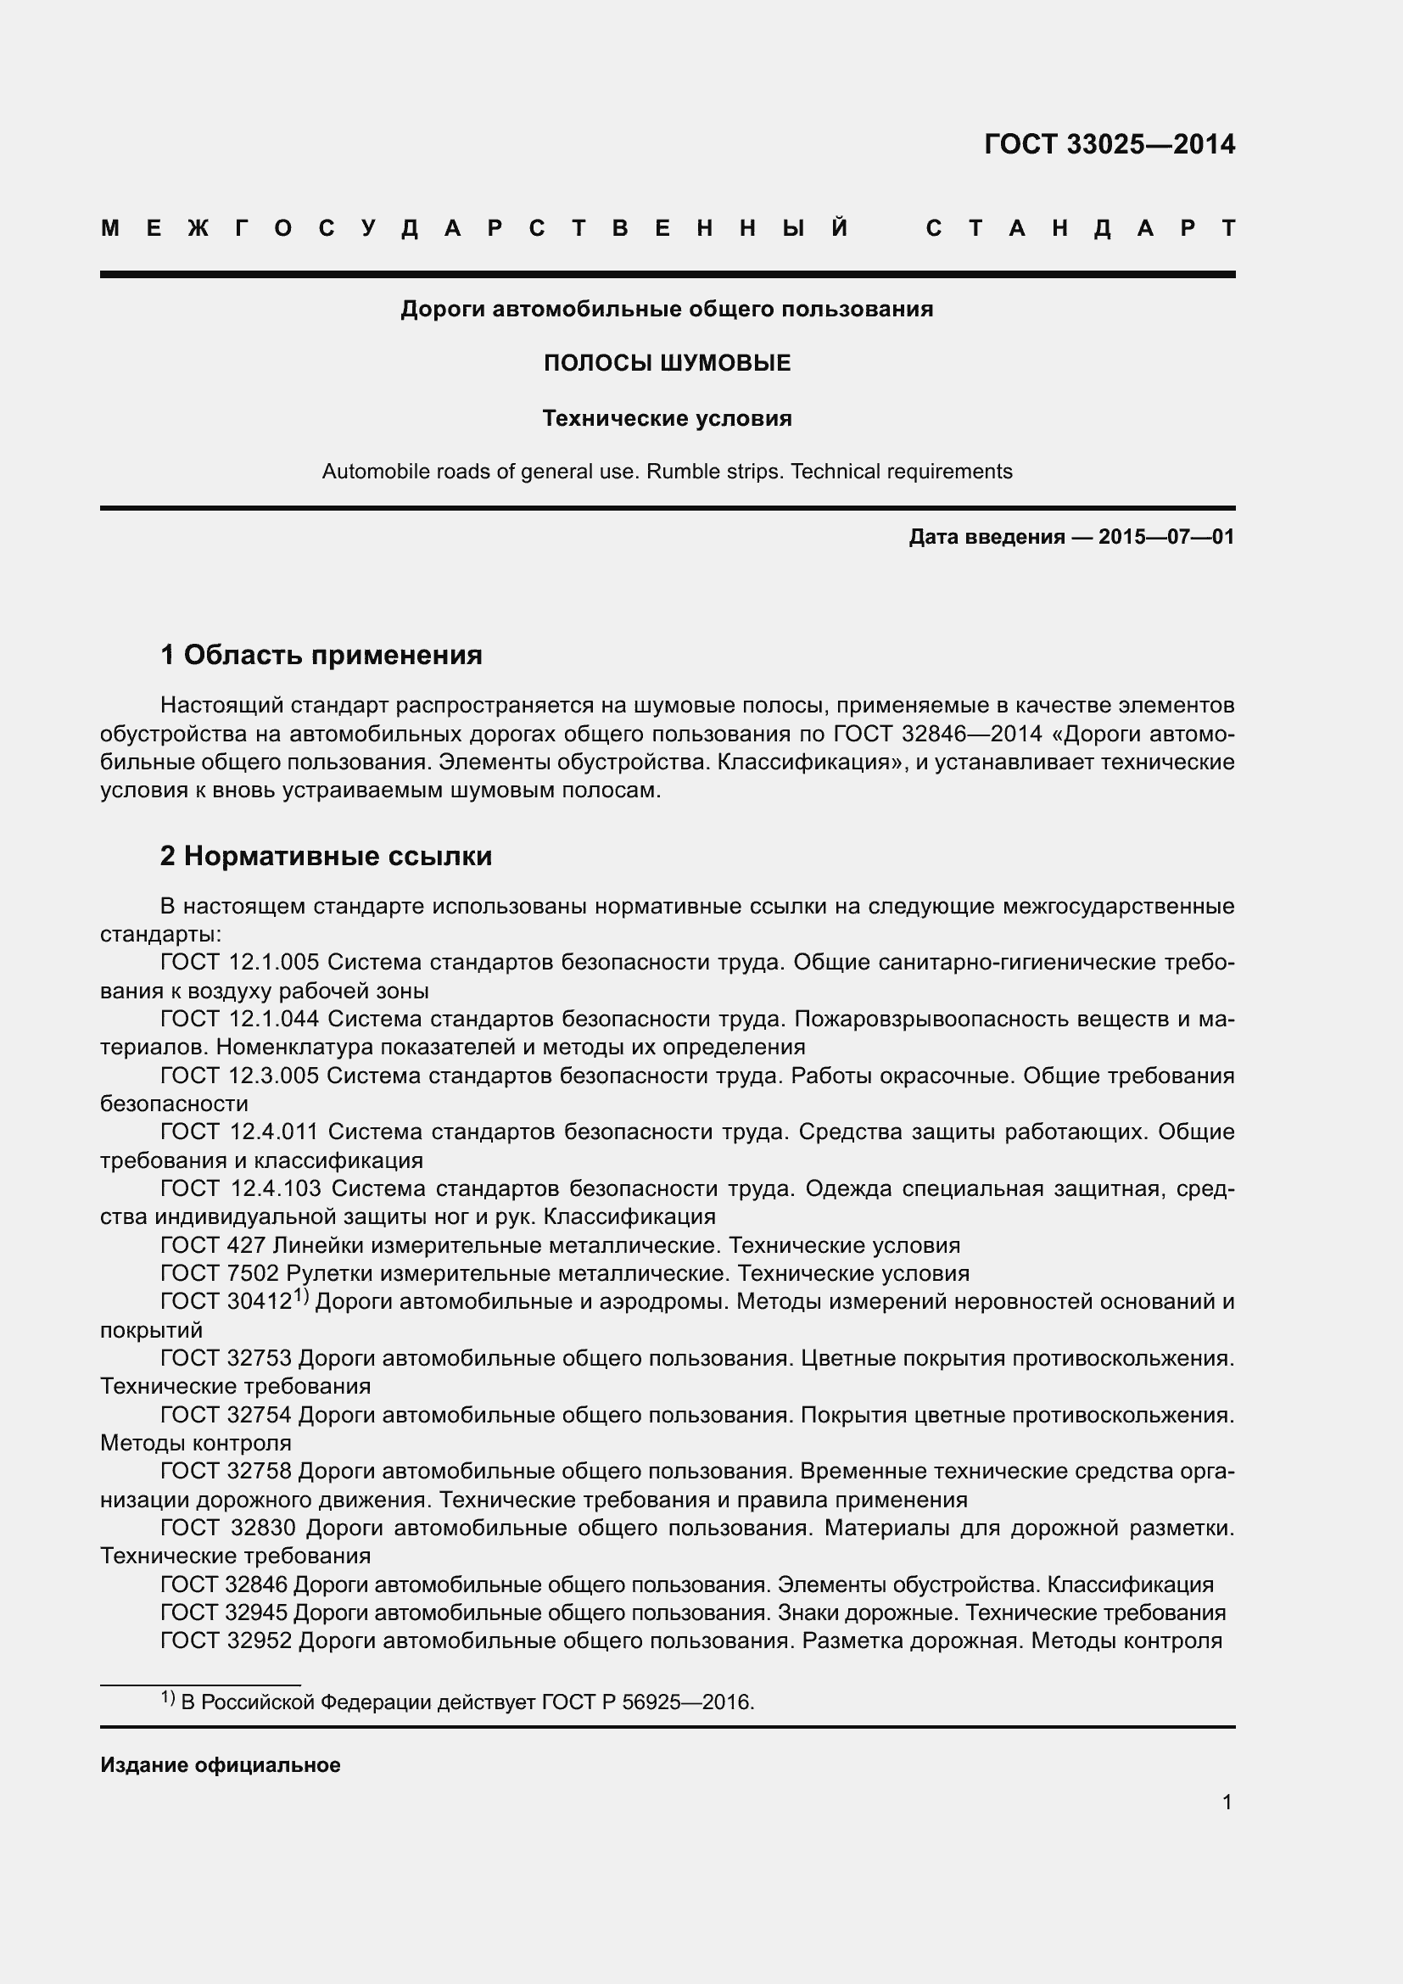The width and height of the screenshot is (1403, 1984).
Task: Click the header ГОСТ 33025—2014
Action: pyautogui.click(x=1110, y=144)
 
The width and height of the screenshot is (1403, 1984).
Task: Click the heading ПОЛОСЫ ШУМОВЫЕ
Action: pyautogui.click(x=667, y=363)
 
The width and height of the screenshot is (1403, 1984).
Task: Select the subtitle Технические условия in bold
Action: pyautogui.click(x=667, y=418)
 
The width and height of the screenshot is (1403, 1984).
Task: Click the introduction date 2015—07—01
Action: pyautogui.click(x=1165, y=537)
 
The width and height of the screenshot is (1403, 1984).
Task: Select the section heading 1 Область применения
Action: pyautogui.click(x=321, y=655)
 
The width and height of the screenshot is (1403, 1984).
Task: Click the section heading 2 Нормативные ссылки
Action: pyautogui.click(x=326, y=856)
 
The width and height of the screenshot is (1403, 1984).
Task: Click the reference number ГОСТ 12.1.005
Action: pyautogui.click(x=239, y=962)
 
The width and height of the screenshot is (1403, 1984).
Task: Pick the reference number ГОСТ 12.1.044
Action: pyautogui.click(x=239, y=1019)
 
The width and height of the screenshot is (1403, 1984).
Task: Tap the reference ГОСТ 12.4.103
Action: pyautogui.click(x=240, y=1188)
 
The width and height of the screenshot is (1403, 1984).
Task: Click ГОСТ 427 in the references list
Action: pyautogui.click(x=215, y=1245)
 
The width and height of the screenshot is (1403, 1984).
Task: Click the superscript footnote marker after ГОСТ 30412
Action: pyautogui.click(x=300, y=1295)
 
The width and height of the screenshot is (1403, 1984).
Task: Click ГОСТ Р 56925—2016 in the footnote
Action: pyautogui.click(x=647, y=1702)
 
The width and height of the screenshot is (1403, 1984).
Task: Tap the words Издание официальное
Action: pyautogui.click(x=221, y=1764)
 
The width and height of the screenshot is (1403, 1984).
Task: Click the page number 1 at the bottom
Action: pyautogui.click(x=1227, y=1802)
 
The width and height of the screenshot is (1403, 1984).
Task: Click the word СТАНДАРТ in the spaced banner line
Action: pyautogui.click(x=1080, y=228)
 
